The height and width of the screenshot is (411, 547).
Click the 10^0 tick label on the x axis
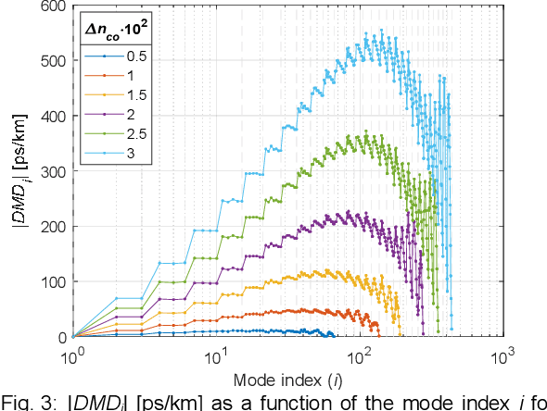pos(73,355)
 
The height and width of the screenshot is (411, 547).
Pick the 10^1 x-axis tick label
pos(216,355)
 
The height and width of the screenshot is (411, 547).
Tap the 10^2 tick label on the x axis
pos(360,355)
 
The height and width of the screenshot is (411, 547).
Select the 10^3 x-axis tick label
pos(502,355)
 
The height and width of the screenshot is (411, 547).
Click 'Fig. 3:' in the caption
pos(28,401)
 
